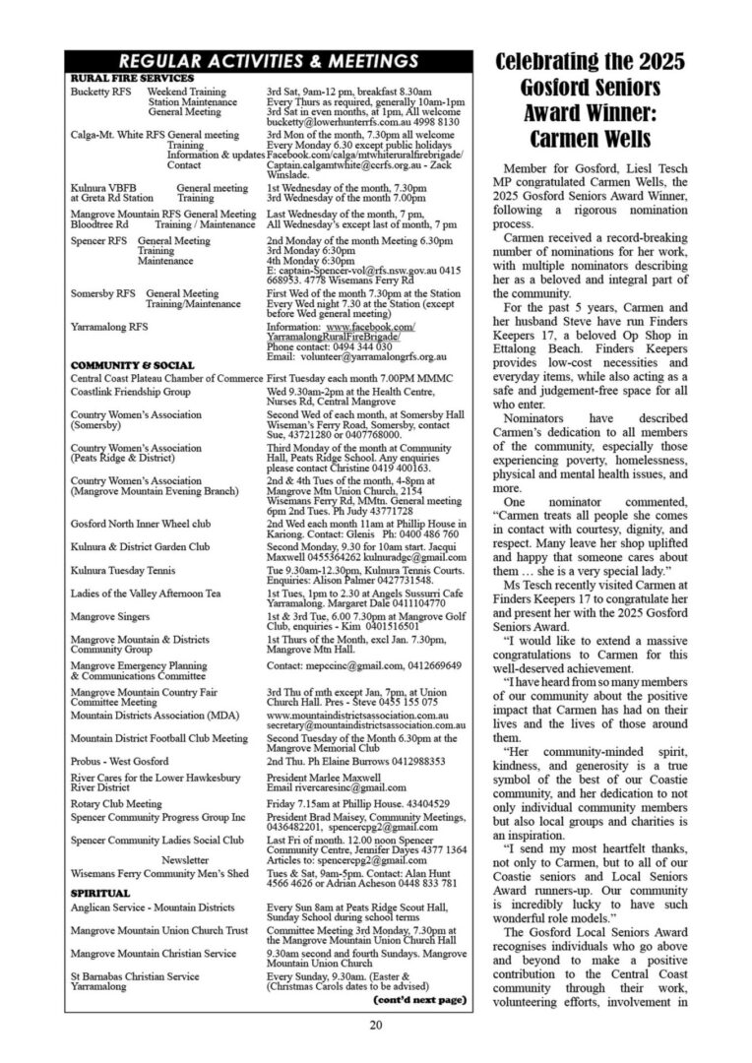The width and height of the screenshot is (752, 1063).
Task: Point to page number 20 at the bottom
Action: click(x=376, y=1025)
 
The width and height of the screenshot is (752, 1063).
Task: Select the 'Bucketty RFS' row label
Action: click(x=96, y=92)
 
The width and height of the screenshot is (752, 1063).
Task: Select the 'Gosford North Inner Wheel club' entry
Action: click(x=141, y=524)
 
